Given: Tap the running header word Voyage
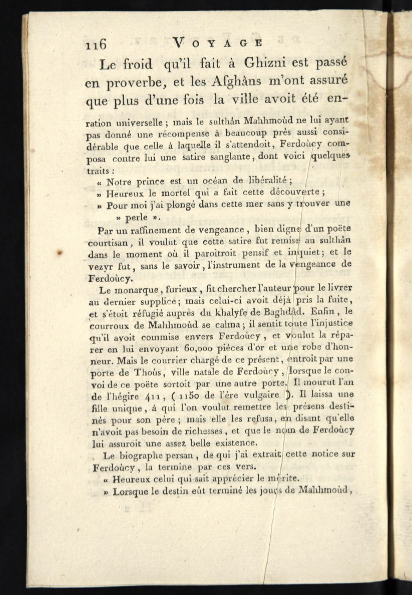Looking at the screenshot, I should coord(216,43).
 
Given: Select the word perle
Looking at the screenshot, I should coord(137,218).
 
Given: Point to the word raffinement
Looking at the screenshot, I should coord(151,231).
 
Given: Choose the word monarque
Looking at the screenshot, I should coord(125,289).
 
